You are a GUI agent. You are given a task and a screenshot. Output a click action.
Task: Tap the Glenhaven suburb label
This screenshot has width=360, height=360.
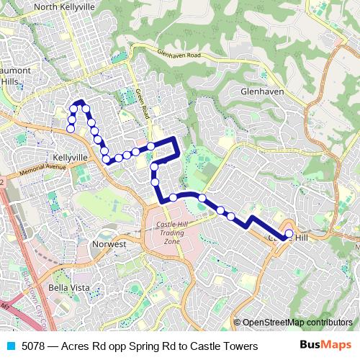262,92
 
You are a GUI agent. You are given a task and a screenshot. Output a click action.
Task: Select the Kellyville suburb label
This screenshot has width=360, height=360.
70,156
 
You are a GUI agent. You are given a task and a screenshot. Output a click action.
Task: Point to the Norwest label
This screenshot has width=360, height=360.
109,244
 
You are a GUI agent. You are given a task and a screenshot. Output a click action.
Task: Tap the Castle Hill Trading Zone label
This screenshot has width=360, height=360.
171,232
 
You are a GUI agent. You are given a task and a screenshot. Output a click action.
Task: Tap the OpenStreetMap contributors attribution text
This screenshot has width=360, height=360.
297,323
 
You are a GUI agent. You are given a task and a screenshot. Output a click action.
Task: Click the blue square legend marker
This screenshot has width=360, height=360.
9,347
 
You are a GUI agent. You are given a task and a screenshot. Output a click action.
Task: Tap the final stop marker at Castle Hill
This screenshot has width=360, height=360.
288,233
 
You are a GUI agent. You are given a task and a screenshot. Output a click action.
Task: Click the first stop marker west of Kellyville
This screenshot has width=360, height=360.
71,129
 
